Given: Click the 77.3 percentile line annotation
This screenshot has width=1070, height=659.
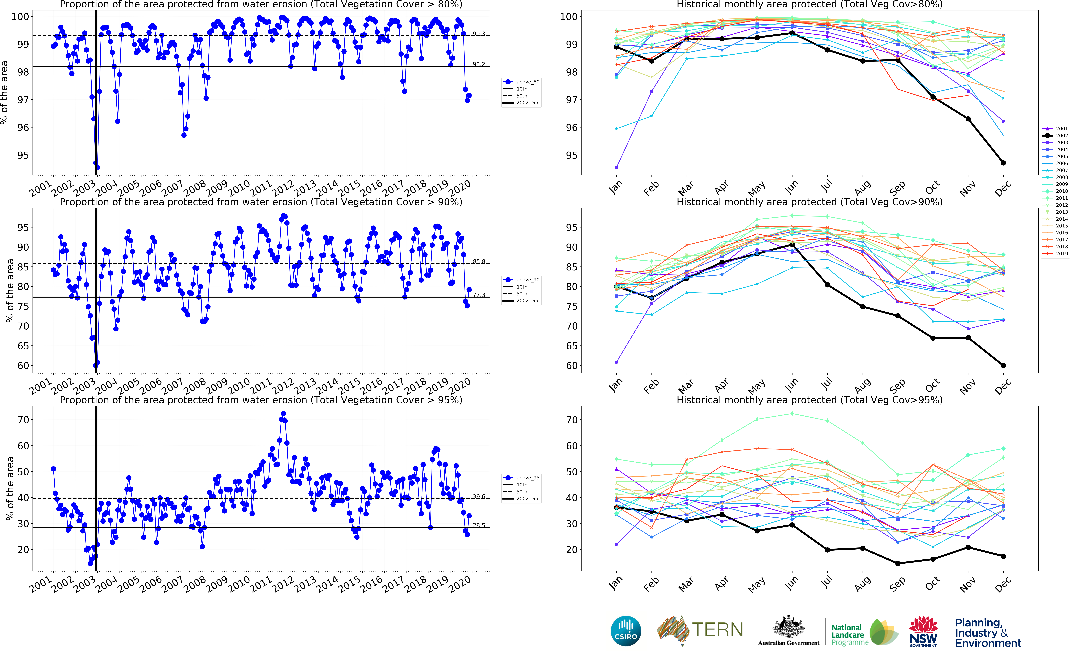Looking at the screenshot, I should [x=479, y=295].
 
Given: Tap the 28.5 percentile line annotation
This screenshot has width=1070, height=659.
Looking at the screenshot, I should [x=479, y=525].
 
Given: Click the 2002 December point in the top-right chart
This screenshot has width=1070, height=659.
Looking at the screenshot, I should [x=1003, y=163].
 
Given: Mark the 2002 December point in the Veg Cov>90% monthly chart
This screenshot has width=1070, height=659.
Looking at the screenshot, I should [x=1003, y=366].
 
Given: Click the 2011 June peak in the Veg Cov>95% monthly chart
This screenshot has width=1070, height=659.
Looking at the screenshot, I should [x=792, y=414].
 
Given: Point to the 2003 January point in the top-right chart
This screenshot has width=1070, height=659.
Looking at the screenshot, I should [x=616, y=167].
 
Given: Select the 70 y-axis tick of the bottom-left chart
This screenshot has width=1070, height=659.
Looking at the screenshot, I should [x=23, y=420].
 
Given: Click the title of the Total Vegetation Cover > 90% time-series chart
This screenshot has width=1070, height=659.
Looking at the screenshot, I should [x=261, y=202].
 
